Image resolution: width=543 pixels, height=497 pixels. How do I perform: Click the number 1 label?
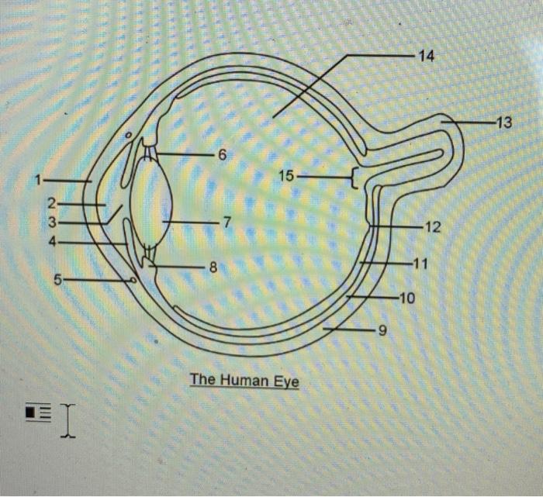(x=36, y=181)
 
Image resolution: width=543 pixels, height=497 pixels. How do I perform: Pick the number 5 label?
(x=57, y=279)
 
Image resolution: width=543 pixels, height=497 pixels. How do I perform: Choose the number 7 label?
(x=226, y=223)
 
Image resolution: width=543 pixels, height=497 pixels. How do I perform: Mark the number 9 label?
(x=380, y=333)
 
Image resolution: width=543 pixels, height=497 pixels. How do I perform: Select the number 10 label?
(x=408, y=298)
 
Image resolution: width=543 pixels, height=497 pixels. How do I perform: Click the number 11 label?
(x=420, y=264)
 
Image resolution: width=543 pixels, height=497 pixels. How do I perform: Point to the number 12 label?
(x=432, y=227)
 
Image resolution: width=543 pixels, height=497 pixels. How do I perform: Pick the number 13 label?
(x=504, y=123)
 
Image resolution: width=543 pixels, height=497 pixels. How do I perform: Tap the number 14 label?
(x=426, y=56)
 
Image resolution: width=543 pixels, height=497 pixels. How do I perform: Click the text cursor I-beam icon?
(x=68, y=419)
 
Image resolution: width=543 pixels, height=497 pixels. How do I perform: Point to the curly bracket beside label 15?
(x=355, y=179)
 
